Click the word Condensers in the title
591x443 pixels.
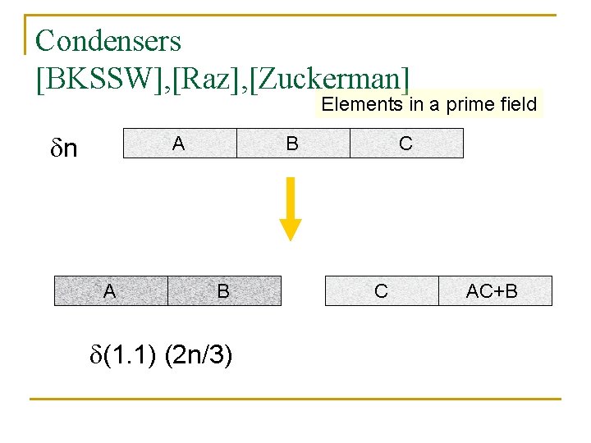(108, 39)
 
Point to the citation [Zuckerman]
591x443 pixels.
(325, 79)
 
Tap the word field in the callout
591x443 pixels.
(517, 104)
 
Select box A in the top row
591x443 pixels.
(179, 143)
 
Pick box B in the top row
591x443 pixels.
(292, 143)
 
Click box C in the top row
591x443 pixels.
(406, 143)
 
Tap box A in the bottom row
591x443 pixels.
(110, 290)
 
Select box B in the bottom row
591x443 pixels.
(223, 290)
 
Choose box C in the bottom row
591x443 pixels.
(382, 290)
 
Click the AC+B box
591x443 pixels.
(492, 290)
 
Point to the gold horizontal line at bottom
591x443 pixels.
(295, 399)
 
